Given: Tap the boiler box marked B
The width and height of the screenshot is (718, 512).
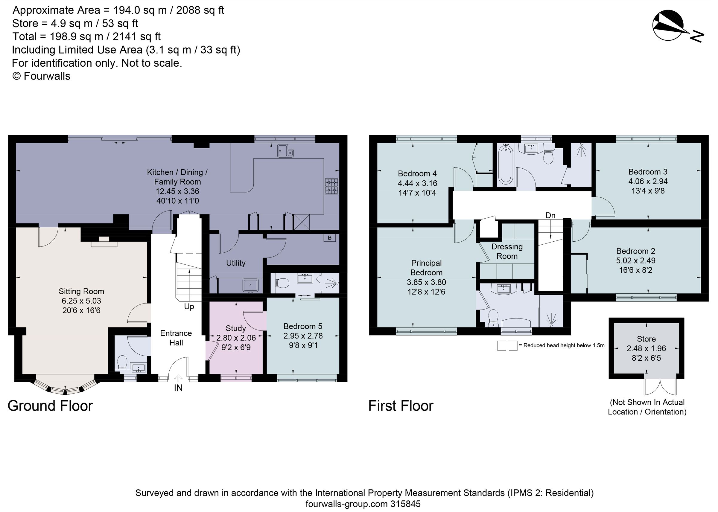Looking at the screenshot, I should click(x=329, y=238).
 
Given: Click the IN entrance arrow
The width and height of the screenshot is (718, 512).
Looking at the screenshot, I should click(x=178, y=378).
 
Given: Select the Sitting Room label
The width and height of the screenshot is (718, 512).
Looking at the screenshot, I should click(x=81, y=291).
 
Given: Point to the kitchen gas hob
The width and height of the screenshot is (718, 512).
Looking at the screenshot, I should click(x=332, y=186).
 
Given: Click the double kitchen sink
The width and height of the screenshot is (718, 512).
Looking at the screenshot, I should click(x=285, y=151).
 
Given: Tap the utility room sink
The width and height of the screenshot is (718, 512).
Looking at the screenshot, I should click(x=250, y=285).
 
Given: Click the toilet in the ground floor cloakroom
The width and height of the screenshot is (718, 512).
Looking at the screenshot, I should click(x=122, y=362).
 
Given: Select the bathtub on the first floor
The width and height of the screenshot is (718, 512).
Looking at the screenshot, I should click(x=506, y=164).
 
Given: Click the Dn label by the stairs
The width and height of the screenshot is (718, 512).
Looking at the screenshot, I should click(x=550, y=215).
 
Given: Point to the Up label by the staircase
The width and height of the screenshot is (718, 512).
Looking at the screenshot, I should click(x=189, y=307).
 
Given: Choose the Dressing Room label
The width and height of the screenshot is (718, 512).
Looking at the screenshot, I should click(x=507, y=251).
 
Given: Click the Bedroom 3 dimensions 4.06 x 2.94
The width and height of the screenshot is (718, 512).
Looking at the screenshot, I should click(x=648, y=181).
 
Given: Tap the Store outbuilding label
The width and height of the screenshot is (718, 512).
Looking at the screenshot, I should click(x=646, y=339).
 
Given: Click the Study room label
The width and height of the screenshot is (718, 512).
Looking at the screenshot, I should click(x=235, y=328).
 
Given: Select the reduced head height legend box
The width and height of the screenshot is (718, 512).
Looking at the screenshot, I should click(x=507, y=345).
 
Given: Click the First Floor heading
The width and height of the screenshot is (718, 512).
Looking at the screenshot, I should click(x=401, y=406).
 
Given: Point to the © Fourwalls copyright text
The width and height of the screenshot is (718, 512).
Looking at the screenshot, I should click(x=41, y=76).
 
